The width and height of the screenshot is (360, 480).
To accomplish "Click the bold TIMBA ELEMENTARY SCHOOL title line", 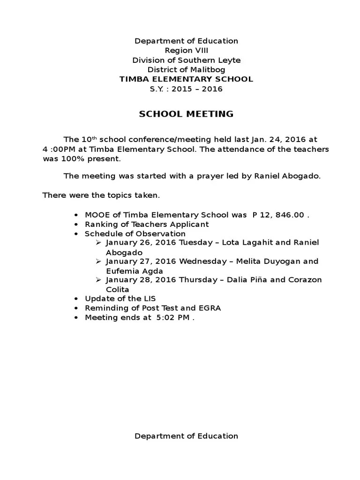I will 186,79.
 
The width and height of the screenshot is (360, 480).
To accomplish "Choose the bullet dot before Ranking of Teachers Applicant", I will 76,225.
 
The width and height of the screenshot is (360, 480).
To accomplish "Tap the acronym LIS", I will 150,299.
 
